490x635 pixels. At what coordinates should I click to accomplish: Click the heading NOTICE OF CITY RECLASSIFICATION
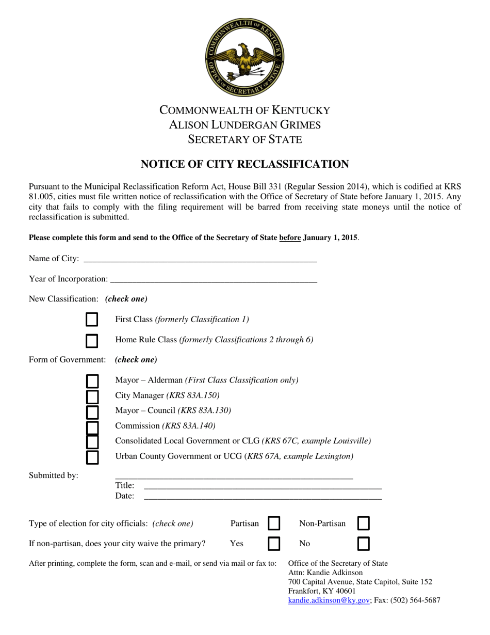pyautogui.click(x=245, y=165)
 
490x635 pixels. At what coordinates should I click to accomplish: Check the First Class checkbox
pyautogui.click(x=92, y=320)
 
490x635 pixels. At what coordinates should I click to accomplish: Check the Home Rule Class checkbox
pyautogui.click(x=92, y=340)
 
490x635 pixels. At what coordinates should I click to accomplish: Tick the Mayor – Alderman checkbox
pyautogui.click(x=92, y=382)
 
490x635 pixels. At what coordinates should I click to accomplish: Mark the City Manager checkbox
pyautogui.click(x=92, y=396)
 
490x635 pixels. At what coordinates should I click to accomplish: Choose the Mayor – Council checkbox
pyautogui.click(x=92, y=411)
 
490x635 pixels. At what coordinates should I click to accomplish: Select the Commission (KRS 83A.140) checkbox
pyautogui.click(x=92, y=427)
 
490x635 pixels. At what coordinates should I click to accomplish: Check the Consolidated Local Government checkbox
pyautogui.click(x=92, y=442)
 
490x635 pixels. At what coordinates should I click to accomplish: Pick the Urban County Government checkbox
pyautogui.click(x=92, y=457)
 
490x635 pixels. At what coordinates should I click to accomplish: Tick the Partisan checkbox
pyautogui.click(x=273, y=523)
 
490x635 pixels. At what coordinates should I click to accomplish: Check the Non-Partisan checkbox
pyautogui.click(x=364, y=523)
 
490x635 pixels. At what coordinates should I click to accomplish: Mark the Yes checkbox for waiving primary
pyautogui.click(x=273, y=544)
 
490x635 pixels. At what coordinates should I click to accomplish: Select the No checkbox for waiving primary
pyautogui.click(x=364, y=544)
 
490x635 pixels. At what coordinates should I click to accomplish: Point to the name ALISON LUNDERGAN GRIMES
pyautogui.click(x=245, y=124)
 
